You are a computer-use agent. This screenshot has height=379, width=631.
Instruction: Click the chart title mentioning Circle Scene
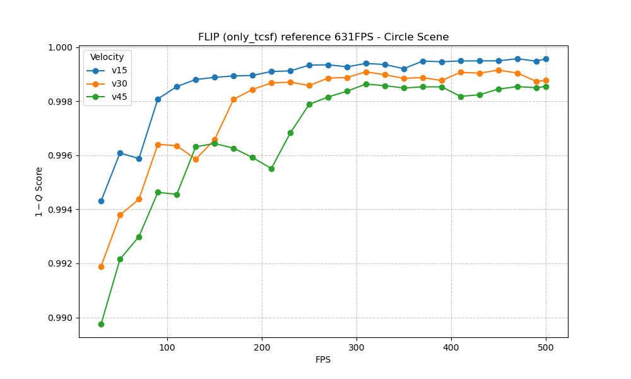click(323, 37)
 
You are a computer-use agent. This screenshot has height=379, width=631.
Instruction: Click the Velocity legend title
click(107, 57)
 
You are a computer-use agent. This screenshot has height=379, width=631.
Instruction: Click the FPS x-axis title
click(323, 360)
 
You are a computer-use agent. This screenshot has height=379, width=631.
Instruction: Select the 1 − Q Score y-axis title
click(39, 192)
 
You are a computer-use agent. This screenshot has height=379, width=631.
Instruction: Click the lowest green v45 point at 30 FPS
click(101, 324)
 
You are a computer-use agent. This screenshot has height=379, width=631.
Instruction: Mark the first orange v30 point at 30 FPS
click(101, 267)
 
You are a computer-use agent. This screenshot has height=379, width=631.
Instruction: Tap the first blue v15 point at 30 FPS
click(101, 201)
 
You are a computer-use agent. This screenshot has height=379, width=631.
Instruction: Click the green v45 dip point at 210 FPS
click(271, 169)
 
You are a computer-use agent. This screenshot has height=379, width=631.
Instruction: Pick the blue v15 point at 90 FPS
click(158, 99)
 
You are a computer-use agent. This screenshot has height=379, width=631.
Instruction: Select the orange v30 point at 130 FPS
click(196, 159)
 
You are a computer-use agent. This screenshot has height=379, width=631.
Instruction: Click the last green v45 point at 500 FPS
click(546, 87)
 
